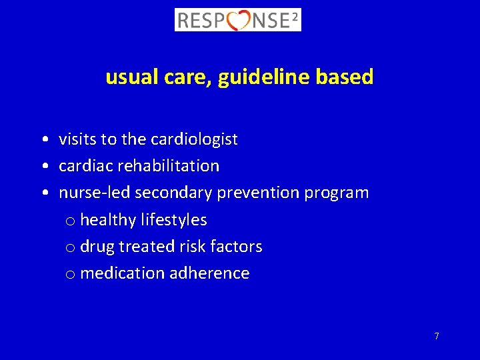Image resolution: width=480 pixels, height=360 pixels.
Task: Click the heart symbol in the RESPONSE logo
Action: pos(239,21)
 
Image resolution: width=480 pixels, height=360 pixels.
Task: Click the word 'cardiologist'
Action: pos(194,139)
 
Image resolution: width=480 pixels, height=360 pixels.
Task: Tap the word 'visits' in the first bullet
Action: pos(77,139)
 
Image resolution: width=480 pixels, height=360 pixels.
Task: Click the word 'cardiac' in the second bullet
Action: pos(83,166)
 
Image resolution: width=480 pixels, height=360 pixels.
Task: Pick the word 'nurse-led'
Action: pos(94,193)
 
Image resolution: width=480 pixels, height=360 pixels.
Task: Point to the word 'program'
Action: pos(337,193)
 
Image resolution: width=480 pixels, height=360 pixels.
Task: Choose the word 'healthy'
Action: pos(111,220)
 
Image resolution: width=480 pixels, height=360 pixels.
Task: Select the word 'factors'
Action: pos(238,246)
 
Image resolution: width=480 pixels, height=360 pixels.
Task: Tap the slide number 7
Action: pos(437,336)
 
